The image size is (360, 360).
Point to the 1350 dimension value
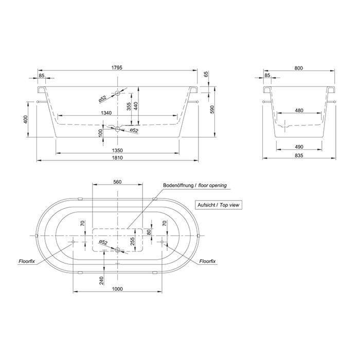pos(118,150)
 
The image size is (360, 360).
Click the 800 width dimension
pos(299,67)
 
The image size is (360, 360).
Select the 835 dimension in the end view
pos(299,154)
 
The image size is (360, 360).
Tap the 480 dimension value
pos(299,111)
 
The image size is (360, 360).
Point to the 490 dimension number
pos(299,147)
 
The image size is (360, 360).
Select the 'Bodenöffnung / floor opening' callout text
pos(194,186)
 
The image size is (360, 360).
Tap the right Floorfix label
pos(207,261)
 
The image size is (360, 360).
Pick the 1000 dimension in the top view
pos(118,289)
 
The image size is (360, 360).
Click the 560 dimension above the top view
pos(117,182)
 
